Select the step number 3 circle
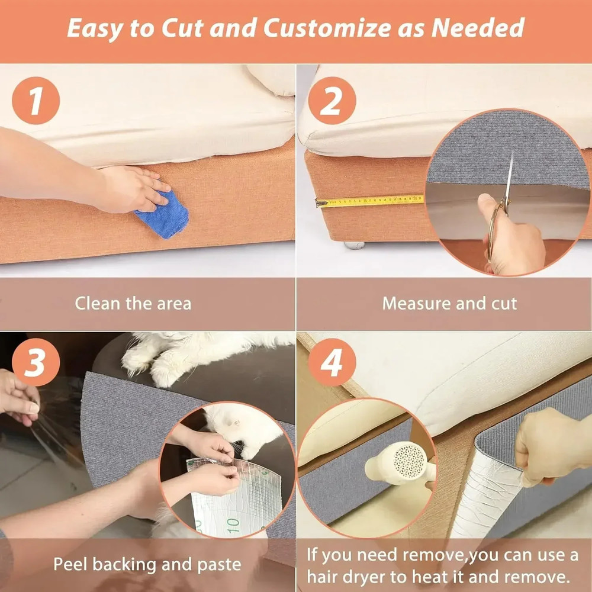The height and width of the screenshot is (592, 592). [36, 362]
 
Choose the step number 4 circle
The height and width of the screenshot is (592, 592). [332, 362]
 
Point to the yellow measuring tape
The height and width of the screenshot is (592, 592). [370, 201]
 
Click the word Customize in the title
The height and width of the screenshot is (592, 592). [332, 28]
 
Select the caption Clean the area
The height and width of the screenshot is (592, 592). [133, 304]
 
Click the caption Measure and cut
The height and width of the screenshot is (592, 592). [449, 304]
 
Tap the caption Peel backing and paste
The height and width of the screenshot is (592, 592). [147, 564]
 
